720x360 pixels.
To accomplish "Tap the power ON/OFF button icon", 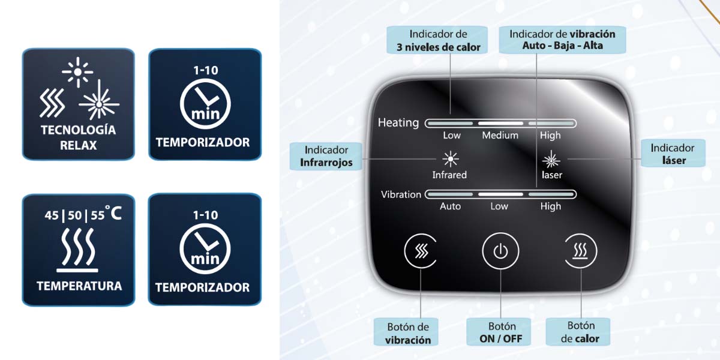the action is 500,251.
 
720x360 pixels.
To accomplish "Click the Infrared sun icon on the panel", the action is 451,159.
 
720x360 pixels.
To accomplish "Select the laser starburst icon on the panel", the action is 551,160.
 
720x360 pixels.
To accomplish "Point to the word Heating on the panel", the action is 398,122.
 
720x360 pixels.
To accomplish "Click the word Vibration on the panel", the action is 401,194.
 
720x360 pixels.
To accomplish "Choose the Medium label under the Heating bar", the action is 500,136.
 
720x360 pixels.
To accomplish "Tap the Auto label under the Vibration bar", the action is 450,206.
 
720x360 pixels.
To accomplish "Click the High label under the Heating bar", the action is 550,136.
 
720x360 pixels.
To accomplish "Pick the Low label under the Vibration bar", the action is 499,206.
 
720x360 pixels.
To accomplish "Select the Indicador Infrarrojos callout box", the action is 326,156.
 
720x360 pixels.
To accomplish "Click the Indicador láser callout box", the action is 673,154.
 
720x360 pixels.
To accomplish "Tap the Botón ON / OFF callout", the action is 501,332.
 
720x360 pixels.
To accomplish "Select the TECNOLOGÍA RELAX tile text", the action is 79,137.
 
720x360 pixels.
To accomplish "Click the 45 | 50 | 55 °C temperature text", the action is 83,214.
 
